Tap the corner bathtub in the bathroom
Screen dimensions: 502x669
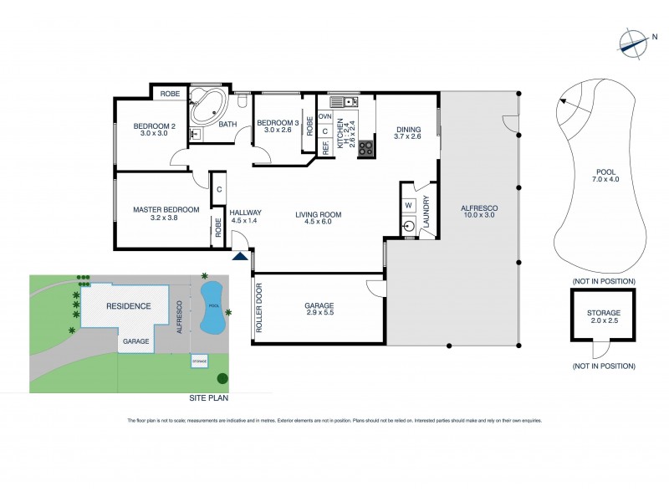(207, 107)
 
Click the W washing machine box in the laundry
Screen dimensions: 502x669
(409, 205)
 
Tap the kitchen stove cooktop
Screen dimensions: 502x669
(365, 149)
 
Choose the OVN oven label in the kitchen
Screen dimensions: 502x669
(324, 116)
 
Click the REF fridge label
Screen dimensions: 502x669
(324, 147)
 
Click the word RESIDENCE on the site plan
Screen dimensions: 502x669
(128, 306)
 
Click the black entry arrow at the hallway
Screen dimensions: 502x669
(241, 259)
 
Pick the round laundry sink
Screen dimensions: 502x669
(410, 226)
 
